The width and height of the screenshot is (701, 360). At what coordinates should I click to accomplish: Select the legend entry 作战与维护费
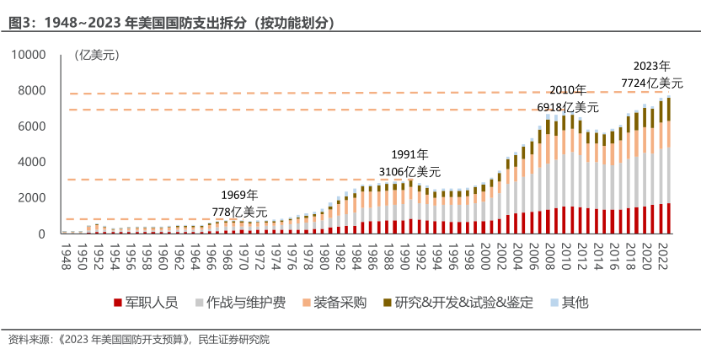coord(235,301)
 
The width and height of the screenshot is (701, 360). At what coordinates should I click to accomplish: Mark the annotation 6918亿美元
coord(568,107)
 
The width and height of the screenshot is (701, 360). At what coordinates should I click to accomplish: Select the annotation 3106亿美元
coord(409,171)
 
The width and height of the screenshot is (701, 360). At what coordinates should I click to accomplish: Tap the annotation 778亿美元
coord(239,212)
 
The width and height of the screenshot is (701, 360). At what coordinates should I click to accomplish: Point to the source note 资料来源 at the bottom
coord(139,340)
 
